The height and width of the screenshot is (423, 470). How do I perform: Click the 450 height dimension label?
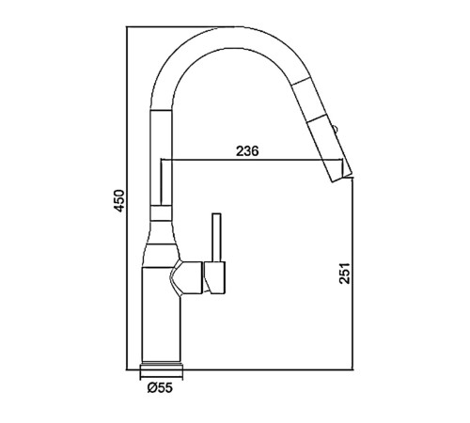(x=120, y=200)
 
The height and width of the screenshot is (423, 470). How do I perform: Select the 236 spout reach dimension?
(x=247, y=151)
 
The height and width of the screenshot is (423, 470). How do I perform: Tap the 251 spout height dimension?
(x=345, y=273)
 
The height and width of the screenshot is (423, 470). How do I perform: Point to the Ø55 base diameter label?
(x=160, y=388)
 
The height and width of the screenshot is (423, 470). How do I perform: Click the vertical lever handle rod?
(x=216, y=237)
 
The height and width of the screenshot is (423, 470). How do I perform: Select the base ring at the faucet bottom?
(x=161, y=367)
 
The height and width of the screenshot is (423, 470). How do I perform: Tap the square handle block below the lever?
(x=214, y=277)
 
